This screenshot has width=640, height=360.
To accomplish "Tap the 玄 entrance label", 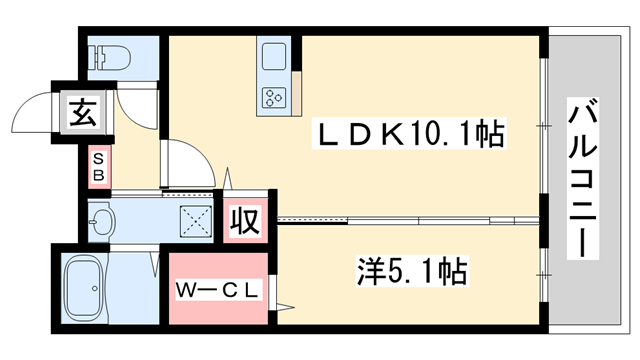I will click(x=83, y=111).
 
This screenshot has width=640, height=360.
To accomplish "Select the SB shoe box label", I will click(x=99, y=166).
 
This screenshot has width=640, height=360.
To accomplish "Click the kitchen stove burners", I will click(x=274, y=97).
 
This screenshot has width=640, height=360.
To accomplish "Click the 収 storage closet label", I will click(x=246, y=220).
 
